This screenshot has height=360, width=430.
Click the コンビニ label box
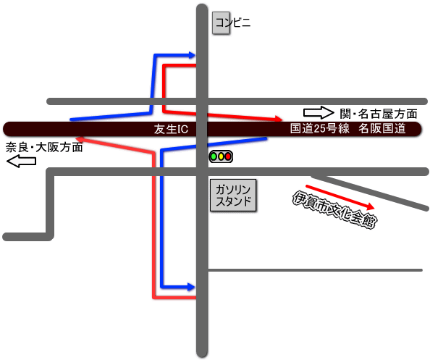221,23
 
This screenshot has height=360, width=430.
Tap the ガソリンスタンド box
233,196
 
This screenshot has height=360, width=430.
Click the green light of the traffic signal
214,156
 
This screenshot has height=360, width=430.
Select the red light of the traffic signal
228,156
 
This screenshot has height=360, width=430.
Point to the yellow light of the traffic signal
221,156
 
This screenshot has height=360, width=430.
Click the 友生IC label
171,129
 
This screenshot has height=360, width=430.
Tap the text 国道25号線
320,128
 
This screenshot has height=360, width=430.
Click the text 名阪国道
382,128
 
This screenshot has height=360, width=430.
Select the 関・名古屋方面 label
379,114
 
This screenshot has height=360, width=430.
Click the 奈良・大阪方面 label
44,147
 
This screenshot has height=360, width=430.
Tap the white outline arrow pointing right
319,113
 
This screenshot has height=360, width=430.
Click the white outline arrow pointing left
22,161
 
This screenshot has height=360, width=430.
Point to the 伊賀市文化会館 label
334,210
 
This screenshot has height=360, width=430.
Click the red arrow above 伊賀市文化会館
340,197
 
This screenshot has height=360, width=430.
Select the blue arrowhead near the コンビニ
192,55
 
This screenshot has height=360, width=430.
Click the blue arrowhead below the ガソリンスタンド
191,287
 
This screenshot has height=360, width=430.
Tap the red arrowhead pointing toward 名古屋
279,119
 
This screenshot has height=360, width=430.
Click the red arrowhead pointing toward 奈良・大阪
80,139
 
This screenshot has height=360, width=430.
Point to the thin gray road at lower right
315,270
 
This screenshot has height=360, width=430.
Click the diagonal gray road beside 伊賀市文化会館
370,192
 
